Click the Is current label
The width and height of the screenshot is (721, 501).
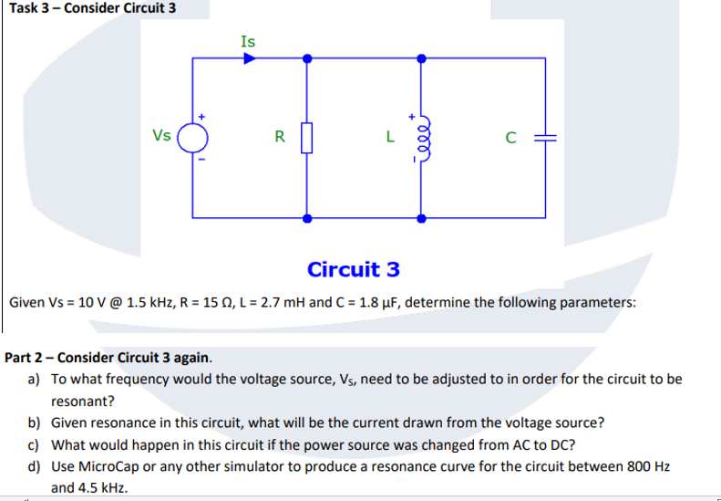point(248,41)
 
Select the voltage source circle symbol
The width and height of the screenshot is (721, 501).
point(192,139)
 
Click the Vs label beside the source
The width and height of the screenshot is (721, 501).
point(161,136)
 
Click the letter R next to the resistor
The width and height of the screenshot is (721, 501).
point(280,138)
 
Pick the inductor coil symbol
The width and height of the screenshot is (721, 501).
point(420,139)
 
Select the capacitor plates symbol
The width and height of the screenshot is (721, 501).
point(545,139)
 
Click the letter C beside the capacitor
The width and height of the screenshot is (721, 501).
point(511,139)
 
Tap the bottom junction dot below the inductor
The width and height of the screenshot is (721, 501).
point(420,218)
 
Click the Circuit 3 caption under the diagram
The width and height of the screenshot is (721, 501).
point(354,270)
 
